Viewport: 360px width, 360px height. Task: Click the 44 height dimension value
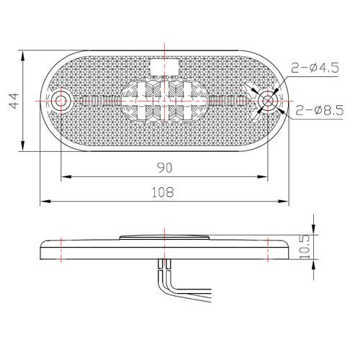point(14,101)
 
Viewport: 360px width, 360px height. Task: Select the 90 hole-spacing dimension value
point(165,168)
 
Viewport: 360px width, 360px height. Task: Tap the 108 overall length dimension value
point(163,192)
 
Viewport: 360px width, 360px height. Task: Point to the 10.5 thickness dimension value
point(305,247)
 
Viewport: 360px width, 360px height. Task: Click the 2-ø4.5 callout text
point(315,68)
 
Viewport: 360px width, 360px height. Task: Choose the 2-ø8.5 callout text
point(319,110)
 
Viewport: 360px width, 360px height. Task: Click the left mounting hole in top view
point(60,101)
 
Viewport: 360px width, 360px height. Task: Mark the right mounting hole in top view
point(268,101)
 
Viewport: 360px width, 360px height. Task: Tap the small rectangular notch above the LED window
point(164,67)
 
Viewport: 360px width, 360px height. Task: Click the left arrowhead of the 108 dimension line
point(45,201)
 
